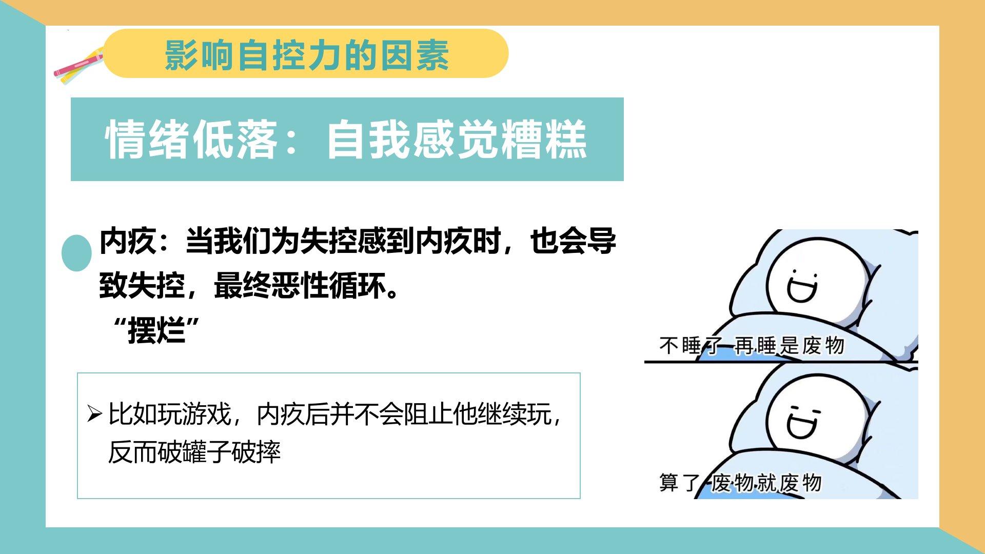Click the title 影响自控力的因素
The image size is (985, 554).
coord(307,55)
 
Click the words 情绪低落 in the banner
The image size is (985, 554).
coord(191,140)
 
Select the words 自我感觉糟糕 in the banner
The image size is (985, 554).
coord(457,140)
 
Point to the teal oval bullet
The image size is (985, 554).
coord(76,253)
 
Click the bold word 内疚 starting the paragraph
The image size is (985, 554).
coord(127,241)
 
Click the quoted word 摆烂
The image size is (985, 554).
coord(156,331)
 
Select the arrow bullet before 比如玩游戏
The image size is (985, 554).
coord(94,413)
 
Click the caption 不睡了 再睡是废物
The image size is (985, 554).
coord(752,346)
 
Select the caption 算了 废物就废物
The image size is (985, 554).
coord(740,483)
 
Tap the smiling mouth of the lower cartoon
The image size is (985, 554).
coord(801,428)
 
